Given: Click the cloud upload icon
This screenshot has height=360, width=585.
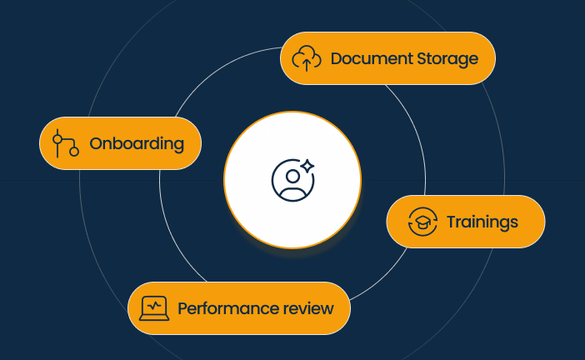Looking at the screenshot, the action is pyautogui.click(x=307, y=58).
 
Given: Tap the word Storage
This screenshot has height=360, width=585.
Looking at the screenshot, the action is pyautogui.click(x=447, y=60).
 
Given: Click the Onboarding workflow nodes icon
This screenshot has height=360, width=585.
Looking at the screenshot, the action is pyautogui.click(x=65, y=143).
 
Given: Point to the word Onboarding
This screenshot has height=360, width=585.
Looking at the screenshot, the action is pyautogui.click(x=137, y=144).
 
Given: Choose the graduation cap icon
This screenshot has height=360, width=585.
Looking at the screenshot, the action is pyautogui.click(x=422, y=222).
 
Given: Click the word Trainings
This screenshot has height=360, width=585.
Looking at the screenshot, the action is pyautogui.click(x=482, y=222).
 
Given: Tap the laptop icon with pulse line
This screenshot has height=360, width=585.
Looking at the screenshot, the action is pyautogui.click(x=154, y=308).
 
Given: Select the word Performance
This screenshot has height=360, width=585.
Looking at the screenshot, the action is pyautogui.click(x=228, y=309).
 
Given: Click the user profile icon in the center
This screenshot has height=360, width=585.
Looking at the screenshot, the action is pyautogui.click(x=292, y=180).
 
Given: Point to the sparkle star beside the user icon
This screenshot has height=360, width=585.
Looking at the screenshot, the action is pyautogui.click(x=307, y=167).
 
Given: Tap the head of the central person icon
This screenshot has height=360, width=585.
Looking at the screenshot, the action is pyautogui.click(x=292, y=176).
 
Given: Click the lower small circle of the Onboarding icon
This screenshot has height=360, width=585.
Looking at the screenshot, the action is pyautogui.click(x=74, y=151).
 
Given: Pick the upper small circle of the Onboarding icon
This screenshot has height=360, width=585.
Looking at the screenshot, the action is pyautogui.click(x=57, y=139).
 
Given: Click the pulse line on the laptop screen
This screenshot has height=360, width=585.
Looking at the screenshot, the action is pyautogui.click(x=154, y=307).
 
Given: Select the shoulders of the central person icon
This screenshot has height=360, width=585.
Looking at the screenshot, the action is pyautogui.click(x=292, y=194).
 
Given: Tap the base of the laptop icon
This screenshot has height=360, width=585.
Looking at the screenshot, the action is pyautogui.click(x=154, y=318).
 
